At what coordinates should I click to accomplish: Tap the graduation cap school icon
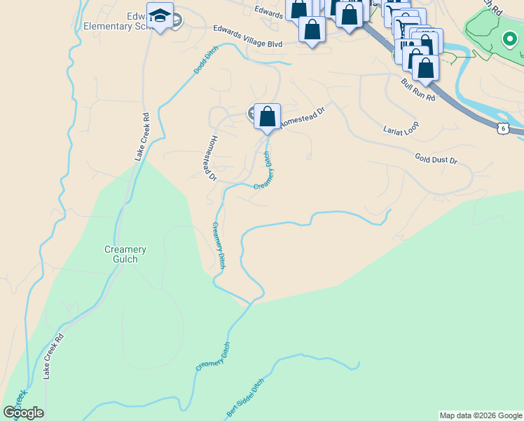[160, 15]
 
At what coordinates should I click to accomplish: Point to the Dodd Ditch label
[206, 60]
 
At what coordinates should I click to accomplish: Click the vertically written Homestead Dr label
[209, 157]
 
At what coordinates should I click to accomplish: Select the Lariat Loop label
[401, 129]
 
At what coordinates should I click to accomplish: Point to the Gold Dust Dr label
[436, 159]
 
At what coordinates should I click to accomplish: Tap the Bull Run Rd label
[418, 90]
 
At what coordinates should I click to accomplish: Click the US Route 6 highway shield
[503, 128]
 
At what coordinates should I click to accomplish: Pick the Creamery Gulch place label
[125, 254]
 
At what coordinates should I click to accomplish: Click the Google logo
[24, 413]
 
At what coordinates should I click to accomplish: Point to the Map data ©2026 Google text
[481, 415]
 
